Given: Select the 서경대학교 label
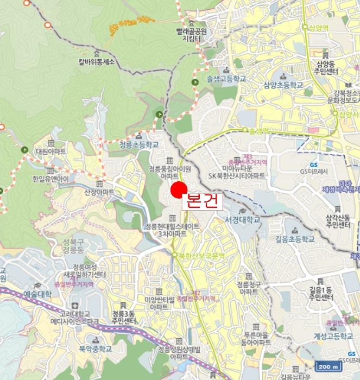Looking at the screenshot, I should click(242, 219).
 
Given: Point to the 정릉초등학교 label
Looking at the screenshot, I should click(138, 145).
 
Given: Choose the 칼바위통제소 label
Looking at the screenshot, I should click(97, 62).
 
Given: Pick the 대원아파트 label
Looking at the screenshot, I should click(50, 151).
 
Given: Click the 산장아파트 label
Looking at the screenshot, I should click(99, 192).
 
